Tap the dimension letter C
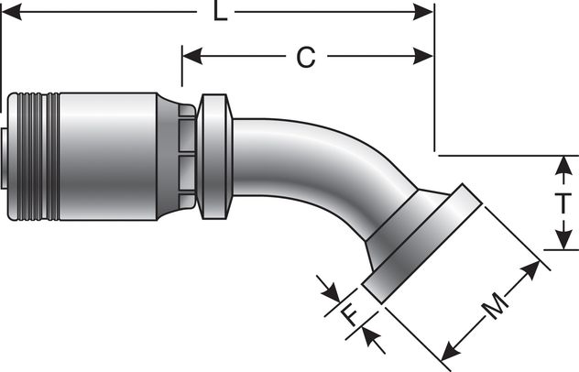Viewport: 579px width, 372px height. [x=305, y=57]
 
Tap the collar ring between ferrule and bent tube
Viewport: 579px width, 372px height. [x=214, y=156]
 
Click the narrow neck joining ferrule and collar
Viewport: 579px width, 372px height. [x=187, y=156]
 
